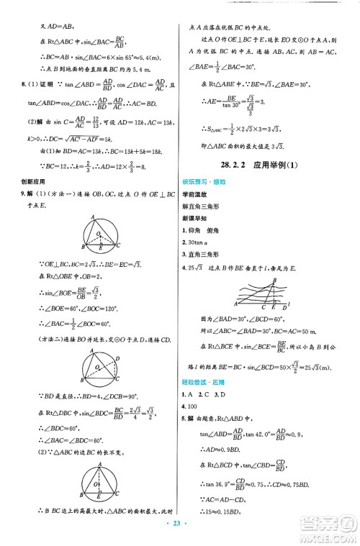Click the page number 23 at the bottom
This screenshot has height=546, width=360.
[179, 535]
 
